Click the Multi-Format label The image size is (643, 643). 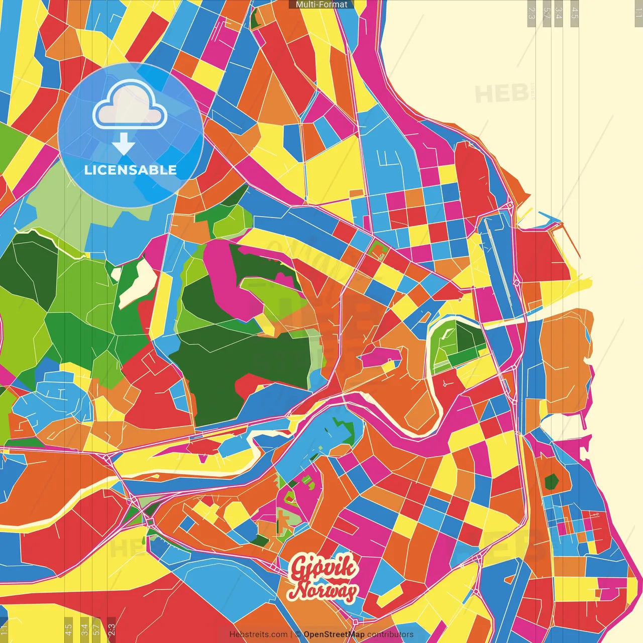click(321, 5)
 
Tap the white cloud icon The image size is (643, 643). click(130, 106)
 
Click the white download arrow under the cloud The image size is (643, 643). click(123, 145)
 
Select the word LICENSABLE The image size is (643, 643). click(131, 170)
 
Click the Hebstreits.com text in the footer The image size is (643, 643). click(258, 634)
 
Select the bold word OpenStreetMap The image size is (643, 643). click(334, 634)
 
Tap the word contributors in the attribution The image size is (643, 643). click(390, 634)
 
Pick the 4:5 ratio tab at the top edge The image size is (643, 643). click(575, 13)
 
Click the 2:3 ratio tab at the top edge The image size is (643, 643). click(531, 13)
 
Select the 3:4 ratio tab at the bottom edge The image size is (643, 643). click(84, 629)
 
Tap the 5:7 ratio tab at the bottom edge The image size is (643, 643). click(96, 629)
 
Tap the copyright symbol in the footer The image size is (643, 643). click(298, 634)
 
